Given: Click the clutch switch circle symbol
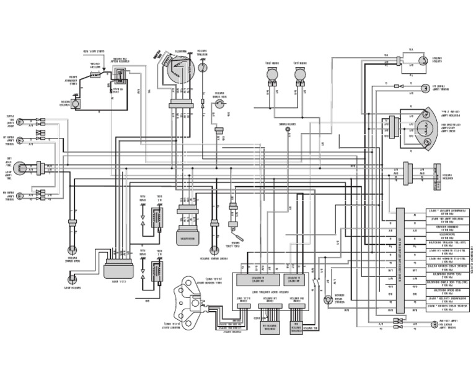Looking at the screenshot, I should [422, 60].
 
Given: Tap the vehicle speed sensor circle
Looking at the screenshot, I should [328, 299].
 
